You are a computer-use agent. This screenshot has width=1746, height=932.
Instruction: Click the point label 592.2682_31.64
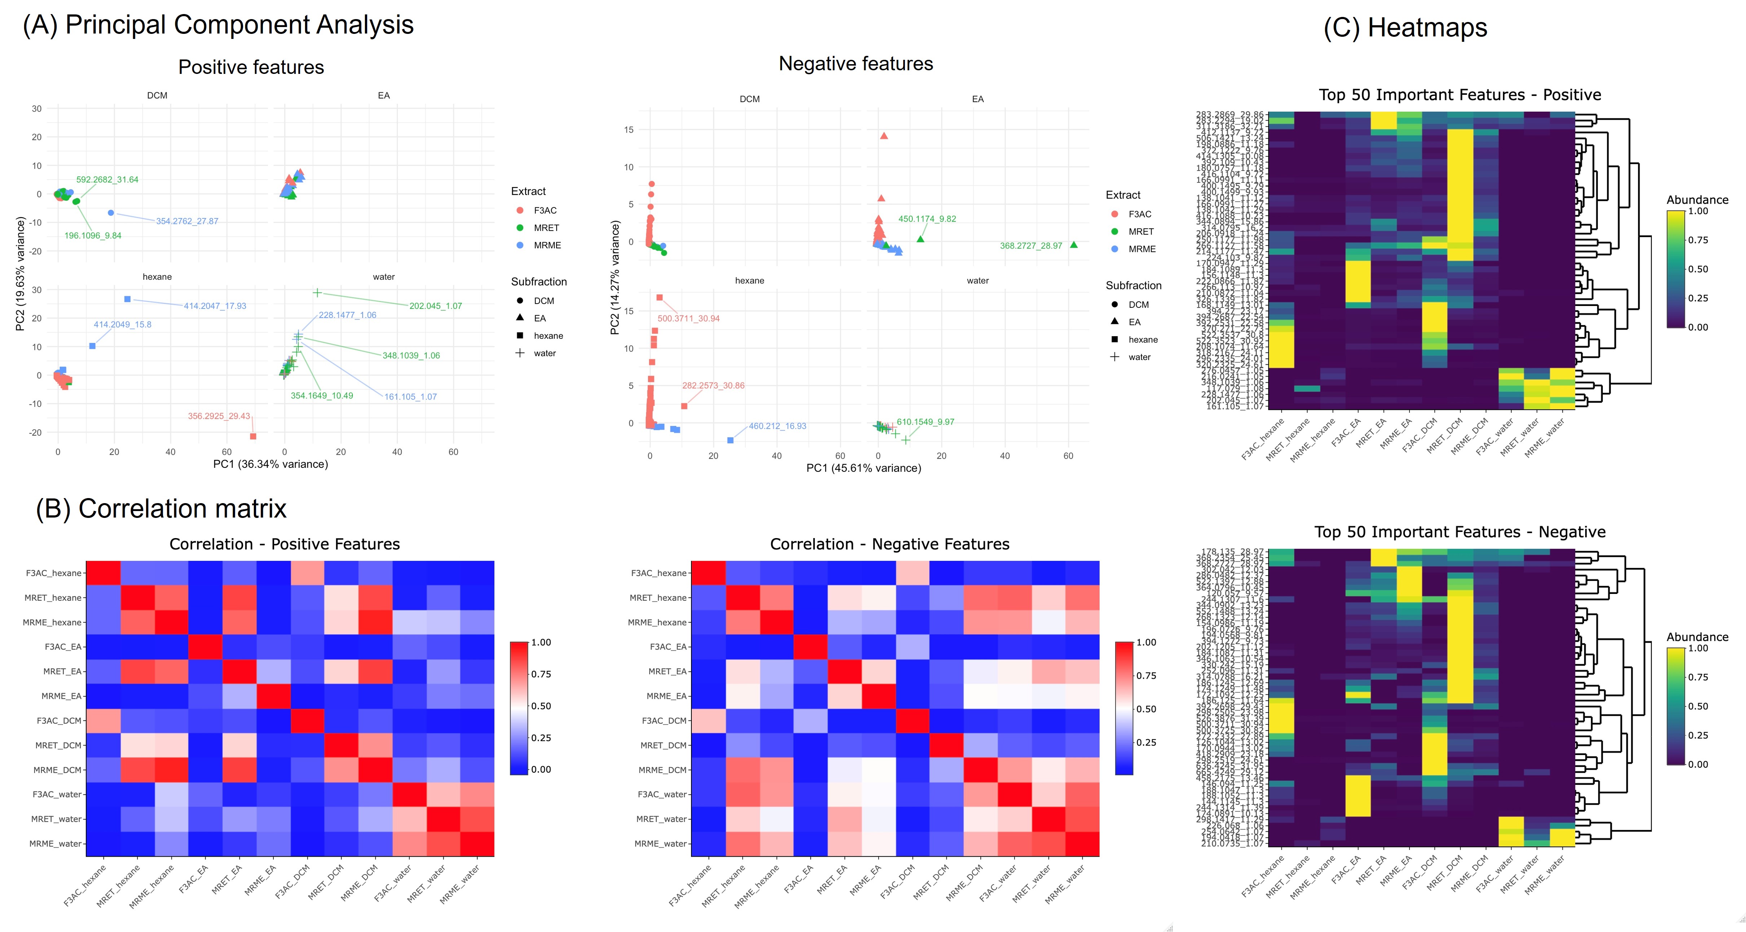[107, 179]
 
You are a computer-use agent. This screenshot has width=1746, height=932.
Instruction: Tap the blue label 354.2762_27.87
[187, 222]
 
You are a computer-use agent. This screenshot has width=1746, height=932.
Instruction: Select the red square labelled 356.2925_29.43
[253, 436]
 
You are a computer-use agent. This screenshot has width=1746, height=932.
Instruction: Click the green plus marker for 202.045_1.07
[317, 293]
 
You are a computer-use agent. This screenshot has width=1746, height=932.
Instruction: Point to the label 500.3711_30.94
[689, 318]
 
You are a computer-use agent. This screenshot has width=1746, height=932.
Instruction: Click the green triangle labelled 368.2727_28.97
[1074, 244]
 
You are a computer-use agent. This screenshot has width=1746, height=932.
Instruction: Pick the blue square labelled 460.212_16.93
[730, 440]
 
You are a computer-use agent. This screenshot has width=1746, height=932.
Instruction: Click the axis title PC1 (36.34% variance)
[271, 464]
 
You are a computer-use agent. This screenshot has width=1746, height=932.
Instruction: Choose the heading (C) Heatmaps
[1405, 28]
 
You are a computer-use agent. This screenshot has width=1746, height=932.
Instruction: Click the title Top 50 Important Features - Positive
[1460, 95]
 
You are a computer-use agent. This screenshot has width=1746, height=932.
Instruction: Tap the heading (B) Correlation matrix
[161, 509]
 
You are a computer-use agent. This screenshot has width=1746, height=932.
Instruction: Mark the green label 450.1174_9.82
[927, 219]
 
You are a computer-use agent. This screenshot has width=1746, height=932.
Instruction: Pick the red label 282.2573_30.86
[713, 385]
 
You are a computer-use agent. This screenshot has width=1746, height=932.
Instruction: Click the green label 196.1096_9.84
[93, 236]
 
